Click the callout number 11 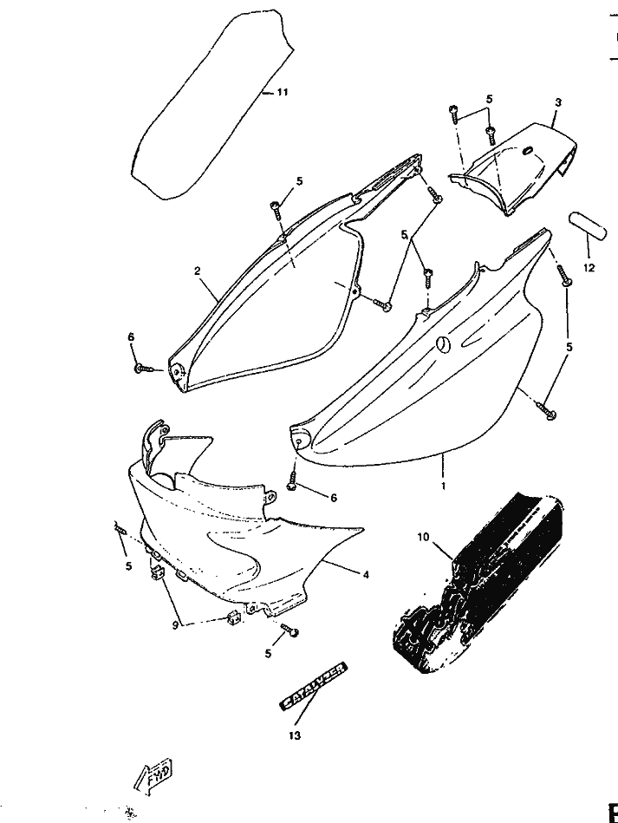[283, 93]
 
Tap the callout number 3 [558, 102]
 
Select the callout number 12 [589, 268]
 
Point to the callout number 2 [198, 271]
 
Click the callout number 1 [443, 487]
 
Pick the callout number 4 [366, 574]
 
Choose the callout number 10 [423, 537]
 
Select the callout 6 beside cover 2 [131, 336]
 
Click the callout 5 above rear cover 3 [489, 99]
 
